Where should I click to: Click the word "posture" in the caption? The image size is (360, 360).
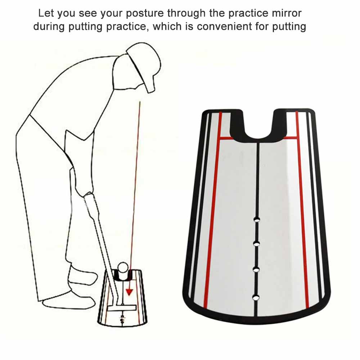click(144, 14)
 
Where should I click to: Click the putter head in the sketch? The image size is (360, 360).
click(118, 307)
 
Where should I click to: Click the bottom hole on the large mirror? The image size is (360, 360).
click(256, 297)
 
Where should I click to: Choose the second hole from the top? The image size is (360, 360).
click(257, 244)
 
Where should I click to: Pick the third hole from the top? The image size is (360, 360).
click(256, 269)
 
